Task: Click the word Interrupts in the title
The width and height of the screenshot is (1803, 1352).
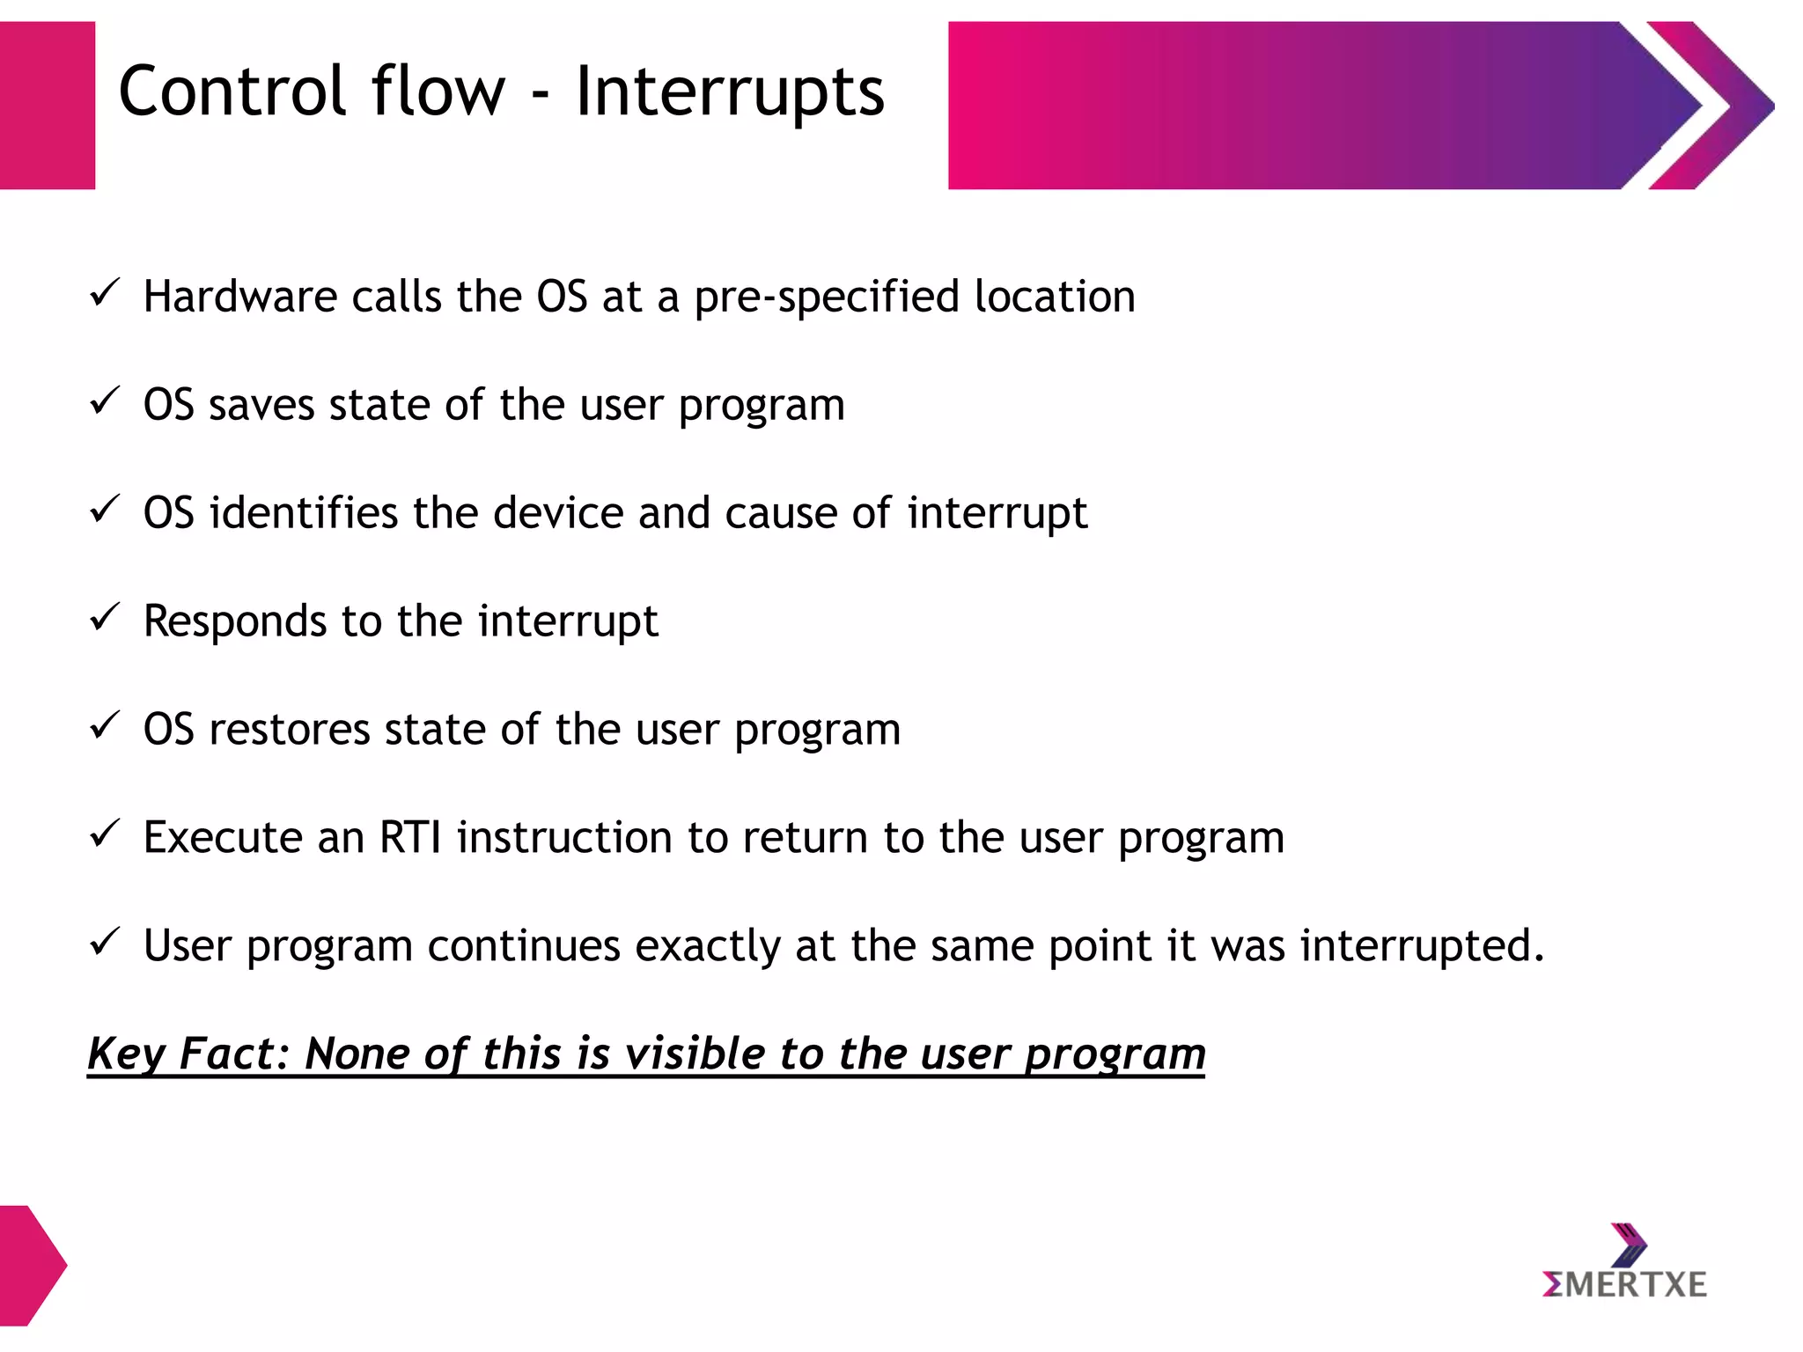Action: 730,92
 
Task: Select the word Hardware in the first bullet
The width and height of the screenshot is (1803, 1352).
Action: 239,296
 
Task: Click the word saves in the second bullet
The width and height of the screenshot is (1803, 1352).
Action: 261,405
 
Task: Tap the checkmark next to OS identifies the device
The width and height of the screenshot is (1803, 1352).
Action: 104,509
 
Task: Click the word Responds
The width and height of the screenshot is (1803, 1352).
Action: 234,621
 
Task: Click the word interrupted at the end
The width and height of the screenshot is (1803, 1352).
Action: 1421,946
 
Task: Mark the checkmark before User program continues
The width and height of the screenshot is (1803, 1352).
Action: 104,942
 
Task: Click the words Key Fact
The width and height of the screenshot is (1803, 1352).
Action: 188,1054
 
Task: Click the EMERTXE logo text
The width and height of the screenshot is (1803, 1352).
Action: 1625,1284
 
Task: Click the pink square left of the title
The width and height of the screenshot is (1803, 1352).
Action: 47,105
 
